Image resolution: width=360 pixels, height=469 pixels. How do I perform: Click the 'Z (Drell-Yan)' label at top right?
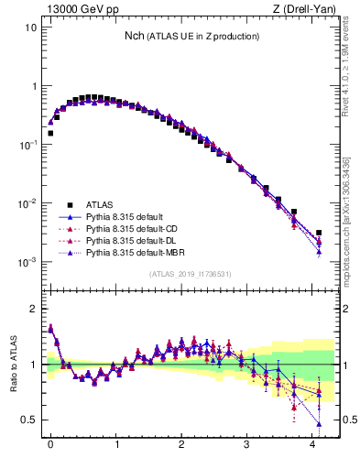tap(307, 9)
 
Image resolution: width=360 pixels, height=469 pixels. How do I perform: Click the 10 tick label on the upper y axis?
tap(31, 27)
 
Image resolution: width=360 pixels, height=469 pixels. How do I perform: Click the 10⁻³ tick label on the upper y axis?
tap(27, 262)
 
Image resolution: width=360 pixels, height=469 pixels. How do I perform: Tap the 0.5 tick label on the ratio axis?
tap(29, 420)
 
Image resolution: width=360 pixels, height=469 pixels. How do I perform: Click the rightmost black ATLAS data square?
tap(319, 233)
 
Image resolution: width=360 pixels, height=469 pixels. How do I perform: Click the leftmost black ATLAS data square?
tap(50, 133)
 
